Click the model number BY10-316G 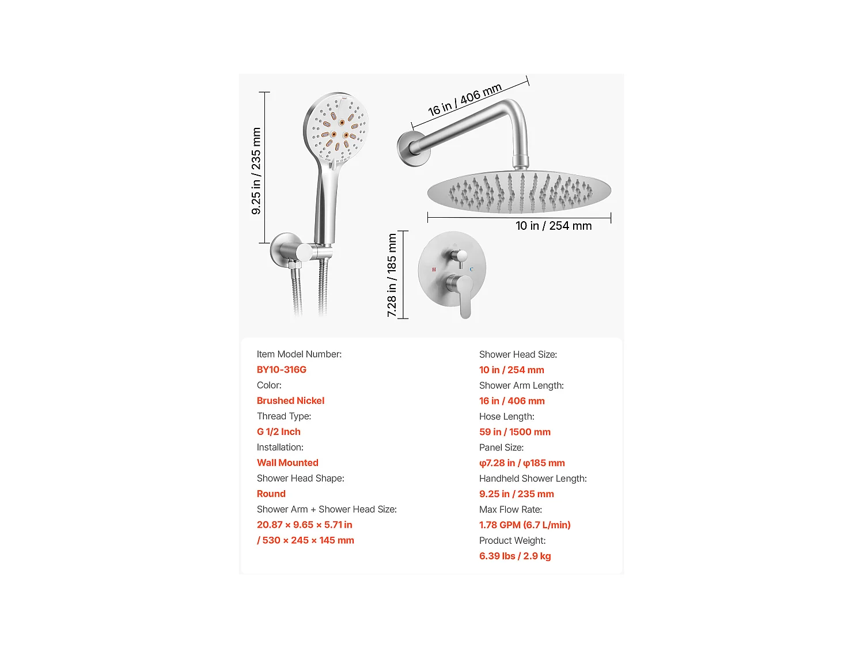pyautogui.click(x=282, y=370)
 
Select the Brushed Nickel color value pyautogui.click(x=290, y=401)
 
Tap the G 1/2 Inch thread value pyautogui.click(x=279, y=432)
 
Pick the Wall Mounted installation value pyautogui.click(x=287, y=463)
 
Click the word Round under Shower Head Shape pyautogui.click(x=271, y=494)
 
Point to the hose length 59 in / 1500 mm pyautogui.click(x=515, y=432)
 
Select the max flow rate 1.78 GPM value pyautogui.click(x=525, y=525)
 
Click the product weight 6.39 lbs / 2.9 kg pyautogui.click(x=515, y=556)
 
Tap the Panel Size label pyautogui.click(x=501, y=448)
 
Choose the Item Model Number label pyautogui.click(x=299, y=354)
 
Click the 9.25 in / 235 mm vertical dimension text pyautogui.click(x=256, y=171)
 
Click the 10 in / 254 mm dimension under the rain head pyautogui.click(x=554, y=226)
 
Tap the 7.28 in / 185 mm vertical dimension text pyautogui.click(x=392, y=275)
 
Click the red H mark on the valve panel pyautogui.click(x=434, y=270)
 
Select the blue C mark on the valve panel pyautogui.click(x=471, y=270)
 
